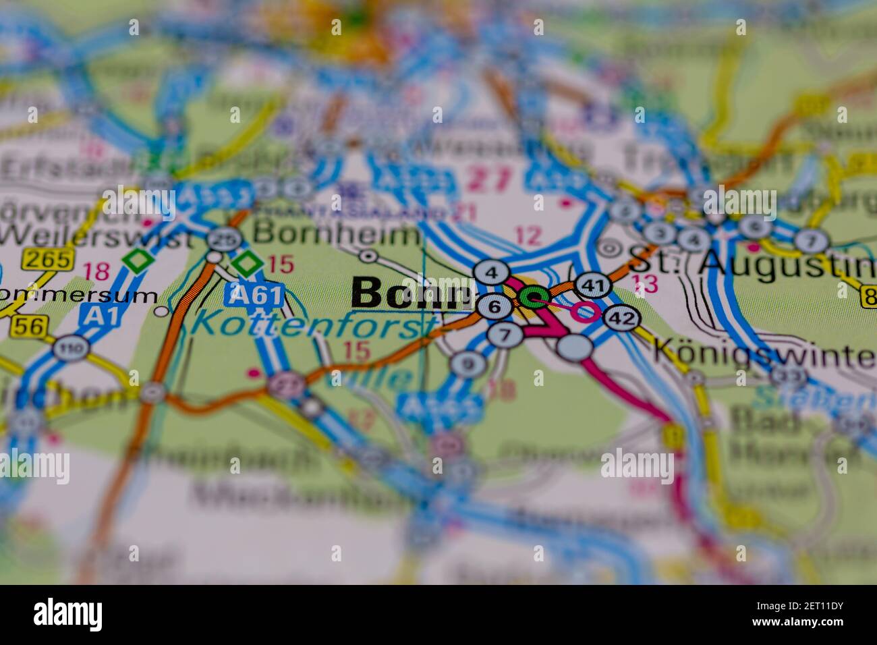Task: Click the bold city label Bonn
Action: click(412, 294)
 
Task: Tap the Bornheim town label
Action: click(338, 235)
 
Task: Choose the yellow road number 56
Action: click(28, 327)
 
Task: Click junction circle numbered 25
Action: click(224, 238)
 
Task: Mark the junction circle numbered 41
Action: click(593, 285)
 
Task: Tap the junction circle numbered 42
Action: click(621, 318)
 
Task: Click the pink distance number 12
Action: click(528, 236)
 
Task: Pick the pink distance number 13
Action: click(645, 284)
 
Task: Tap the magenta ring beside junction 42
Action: click(584, 312)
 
